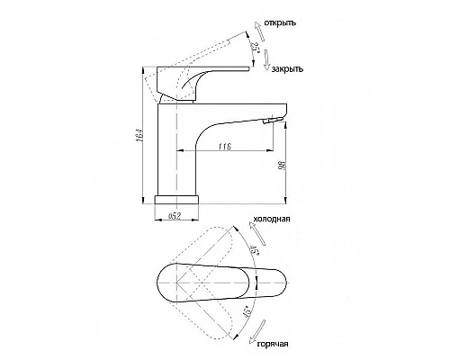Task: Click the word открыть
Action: coord(280,23)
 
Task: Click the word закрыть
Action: coord(287,69)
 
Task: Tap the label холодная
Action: coord(272,219)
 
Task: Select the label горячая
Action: coord(273,344)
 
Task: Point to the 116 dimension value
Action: coord(225,147)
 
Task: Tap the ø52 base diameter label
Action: coord(175,216)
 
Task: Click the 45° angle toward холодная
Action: coord(255,250)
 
